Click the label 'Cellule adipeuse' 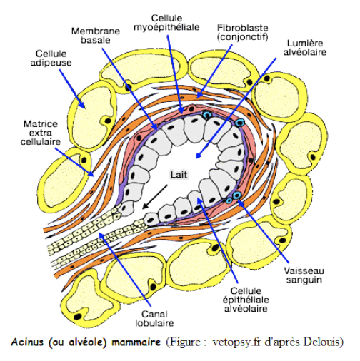click(x=51, y=58)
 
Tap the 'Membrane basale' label click(x=96, y=36)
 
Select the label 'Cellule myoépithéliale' click(x=166, y=23)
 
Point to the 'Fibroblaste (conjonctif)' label click(x=243, y=32)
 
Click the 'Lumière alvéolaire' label click(x=305, y=48)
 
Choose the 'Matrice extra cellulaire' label click(x=41, y=133)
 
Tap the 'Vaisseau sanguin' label click(x=304, y=275)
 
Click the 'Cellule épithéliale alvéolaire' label click(x=246, y=300)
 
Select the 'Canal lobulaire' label click(x=154, y=319)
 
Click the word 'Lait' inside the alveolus click(x=179, y=175)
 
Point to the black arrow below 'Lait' click(x=154, y=197)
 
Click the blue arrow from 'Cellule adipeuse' click(x=71, y=88)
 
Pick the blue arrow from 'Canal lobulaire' click(x=125, y=270)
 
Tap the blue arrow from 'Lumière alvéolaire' click(x=236, y=108)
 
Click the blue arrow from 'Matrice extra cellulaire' click(x=74, y=162)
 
